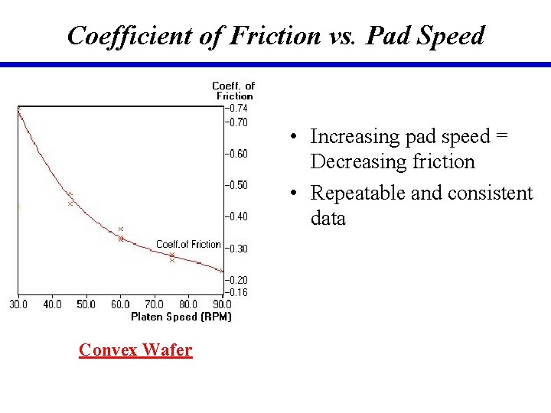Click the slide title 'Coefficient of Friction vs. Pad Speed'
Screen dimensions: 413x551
pyautogui.click(x=275, y=35)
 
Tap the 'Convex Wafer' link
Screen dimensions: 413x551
pyautogui.click(x=135, y=350)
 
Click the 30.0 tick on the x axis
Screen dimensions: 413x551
pyautogui.click(x=18, y=304)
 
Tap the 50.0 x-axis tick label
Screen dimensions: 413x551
pyautogui.click(x=86, y=304)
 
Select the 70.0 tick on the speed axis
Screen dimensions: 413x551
pyautogui.click(x=154, y=304)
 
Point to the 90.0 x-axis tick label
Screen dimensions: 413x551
pyautogui.click(x=222, y=304)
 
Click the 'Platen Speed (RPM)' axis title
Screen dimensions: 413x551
pyautogui.click(x=181, y=317)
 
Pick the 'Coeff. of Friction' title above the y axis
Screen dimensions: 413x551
pyautogui.click(x=233, y=91)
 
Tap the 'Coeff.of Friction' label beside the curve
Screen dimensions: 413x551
pyautogui.click(x=188, y=244)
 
